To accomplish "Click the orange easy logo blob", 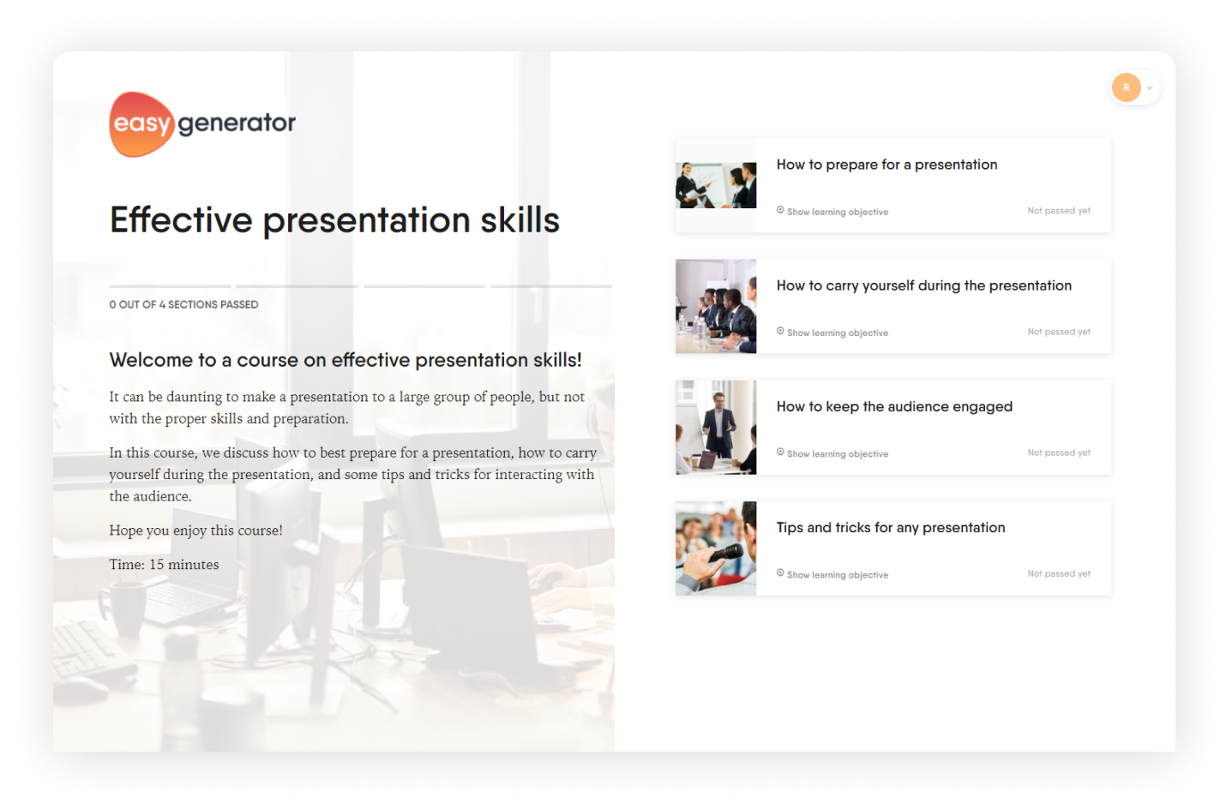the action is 141,124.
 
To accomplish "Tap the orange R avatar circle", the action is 1126,87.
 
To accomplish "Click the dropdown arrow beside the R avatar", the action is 1150,88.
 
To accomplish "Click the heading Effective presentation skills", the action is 334,220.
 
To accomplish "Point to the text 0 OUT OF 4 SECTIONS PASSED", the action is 183,304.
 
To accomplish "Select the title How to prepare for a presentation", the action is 886,165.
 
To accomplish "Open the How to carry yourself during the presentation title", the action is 924,286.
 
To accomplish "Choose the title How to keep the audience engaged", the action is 894,407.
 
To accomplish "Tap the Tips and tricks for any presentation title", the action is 891,528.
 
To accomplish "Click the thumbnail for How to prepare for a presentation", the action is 716,185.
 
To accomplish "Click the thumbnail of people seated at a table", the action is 716,306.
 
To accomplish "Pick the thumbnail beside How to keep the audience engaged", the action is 716,427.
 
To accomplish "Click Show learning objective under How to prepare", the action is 832,212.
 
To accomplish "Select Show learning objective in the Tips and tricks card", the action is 832,574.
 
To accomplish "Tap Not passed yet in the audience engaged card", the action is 1059,453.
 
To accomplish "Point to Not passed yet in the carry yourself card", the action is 1059,332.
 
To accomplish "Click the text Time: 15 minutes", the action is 164,565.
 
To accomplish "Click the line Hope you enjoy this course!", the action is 195,531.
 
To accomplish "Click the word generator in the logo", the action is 237,123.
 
